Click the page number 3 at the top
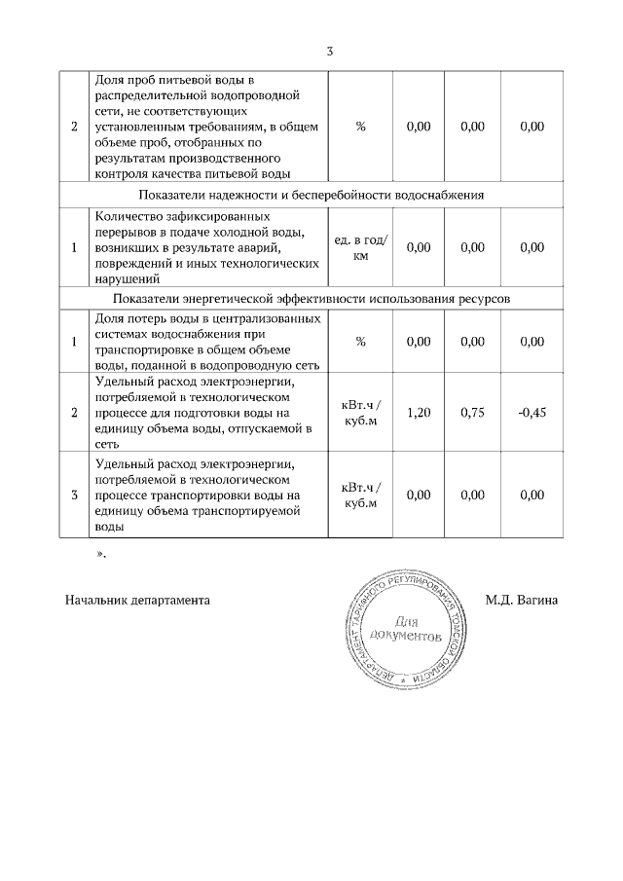coord(330,52)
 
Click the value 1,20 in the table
coord(418,413)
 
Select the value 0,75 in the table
coord(472,413)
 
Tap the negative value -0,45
coord(532,413)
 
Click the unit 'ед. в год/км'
coord(360,247)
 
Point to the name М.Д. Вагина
coord(521,600)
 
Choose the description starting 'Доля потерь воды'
coord(205,342)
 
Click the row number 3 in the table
coord(74,496)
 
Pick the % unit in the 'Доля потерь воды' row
coord(360,342)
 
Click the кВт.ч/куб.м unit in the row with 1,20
coord(360,413)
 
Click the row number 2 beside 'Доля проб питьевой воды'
coord(74,126)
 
